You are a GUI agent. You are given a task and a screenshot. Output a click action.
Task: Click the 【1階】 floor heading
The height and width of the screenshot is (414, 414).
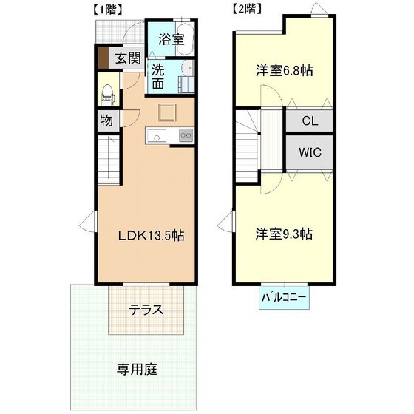[x=107, y=10]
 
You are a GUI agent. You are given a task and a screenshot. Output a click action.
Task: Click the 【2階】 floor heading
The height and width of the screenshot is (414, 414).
[x=247, y=9]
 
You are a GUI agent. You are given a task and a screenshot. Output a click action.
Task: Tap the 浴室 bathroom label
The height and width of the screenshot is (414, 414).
[x=171, y=40]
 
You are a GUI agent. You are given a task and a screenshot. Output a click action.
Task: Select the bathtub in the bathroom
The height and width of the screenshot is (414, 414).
[x=185, y=38]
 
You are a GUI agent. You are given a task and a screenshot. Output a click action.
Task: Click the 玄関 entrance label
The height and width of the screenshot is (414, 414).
[x=128, y=58]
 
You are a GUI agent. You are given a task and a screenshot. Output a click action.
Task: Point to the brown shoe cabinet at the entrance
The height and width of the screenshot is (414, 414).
[x=103, y=58]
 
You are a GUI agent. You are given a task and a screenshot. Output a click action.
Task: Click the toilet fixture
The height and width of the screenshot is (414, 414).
[x=108, y=95]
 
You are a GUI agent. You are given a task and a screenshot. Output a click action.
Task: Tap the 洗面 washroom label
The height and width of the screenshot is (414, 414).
[x=158, y=77]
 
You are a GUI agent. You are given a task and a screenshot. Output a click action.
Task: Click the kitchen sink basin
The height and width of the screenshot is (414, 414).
[x=157, y=136]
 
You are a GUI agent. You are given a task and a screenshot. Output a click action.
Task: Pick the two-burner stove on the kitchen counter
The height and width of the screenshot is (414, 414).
[x=186, y=135]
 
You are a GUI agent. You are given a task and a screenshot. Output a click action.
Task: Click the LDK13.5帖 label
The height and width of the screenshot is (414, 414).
[x=151, y=235]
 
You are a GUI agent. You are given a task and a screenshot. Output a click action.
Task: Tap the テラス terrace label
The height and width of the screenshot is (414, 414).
[x=146, y=310]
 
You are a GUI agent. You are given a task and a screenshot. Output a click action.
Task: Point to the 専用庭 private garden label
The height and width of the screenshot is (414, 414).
[x=137, y=369]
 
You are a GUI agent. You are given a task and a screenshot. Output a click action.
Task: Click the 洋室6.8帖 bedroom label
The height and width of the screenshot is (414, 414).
[x=284, y=71]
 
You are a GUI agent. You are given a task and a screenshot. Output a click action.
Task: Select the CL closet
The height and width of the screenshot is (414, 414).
[x=309, y=121]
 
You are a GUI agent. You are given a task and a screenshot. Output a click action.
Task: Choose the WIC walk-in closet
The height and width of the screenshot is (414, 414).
[x=309, y=152]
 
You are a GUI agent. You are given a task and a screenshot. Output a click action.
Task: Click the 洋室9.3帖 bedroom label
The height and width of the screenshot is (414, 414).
[x=284, y=234]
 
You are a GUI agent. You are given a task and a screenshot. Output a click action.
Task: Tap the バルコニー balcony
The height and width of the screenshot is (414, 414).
[x=284, y=297]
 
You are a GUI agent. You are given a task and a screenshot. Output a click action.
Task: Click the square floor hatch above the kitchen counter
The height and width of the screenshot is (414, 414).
[x=167, y=112]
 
